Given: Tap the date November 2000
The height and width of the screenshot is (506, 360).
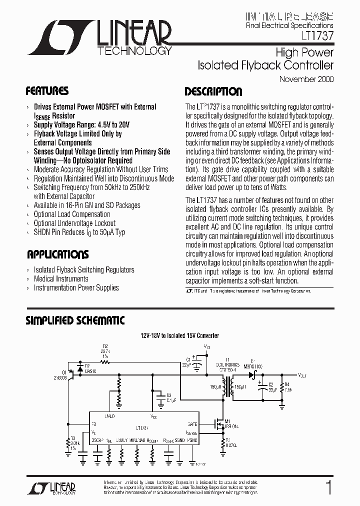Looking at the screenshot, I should (x=306, y=79).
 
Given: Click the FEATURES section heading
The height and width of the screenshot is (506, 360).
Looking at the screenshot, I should (x=47, y=91).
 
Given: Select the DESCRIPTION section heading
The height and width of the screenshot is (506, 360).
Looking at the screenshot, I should (x=213, y=91).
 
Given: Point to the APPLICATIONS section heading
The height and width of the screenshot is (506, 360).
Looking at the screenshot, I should (x=57, y=254).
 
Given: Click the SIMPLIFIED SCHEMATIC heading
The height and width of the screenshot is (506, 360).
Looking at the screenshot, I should (x=75, y=320).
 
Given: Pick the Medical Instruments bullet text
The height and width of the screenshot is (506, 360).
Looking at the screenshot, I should (x=61, y=278).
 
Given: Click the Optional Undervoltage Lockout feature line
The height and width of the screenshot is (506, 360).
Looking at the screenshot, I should (x=74, y=223).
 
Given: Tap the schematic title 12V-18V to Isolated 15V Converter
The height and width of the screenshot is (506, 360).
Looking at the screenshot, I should (x=179, y=335).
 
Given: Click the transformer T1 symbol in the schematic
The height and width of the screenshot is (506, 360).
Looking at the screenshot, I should (x=231, y=386).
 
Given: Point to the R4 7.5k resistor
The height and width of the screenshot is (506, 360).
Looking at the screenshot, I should (x=282, y=387).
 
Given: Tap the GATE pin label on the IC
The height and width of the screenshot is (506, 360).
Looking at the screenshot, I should (x=192, y=423).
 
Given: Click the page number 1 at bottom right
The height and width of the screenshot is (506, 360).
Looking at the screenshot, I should (x=328, y=487).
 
